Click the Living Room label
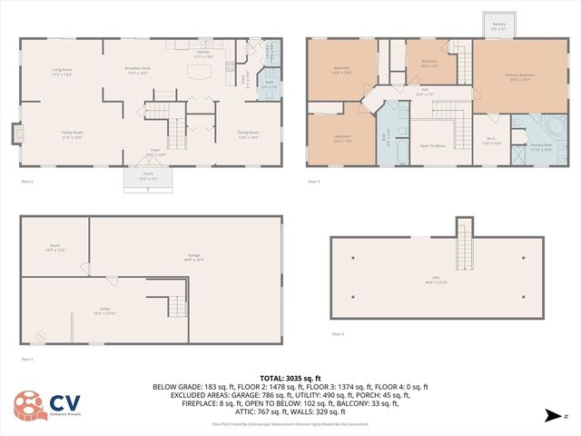62,71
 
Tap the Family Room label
72,134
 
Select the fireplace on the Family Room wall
17,134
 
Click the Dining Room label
248,136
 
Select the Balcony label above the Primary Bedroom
499,25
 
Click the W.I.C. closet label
490,141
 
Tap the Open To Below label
432,145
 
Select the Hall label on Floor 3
424,93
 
